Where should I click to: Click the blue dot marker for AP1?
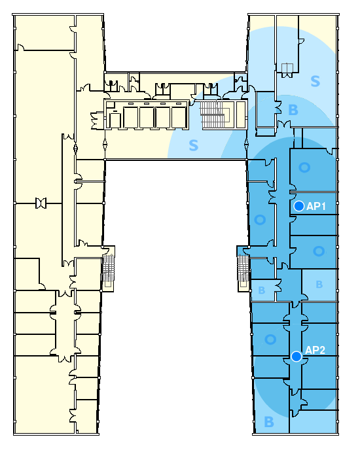pyautogui.click(x=299, y=206)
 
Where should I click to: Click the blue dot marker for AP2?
pyautogui.click(x=297, y=356)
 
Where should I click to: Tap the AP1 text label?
pyautogui.click(x=316, y=206)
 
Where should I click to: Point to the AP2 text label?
pyautogui.click(x=315, y=350)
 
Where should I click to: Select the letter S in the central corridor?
pyautogui.click(x=194, y=145)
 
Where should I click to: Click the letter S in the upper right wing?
pyautogui.click(x=315, y=81)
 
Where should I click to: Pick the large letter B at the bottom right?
pyautogui.click(x=269, y=422)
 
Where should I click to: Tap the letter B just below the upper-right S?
pyautogui.click(x=293, y=110)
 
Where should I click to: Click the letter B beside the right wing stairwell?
pyautogui.click(x=262, y=290)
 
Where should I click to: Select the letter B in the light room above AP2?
pyautogui.click(x=319, y=285)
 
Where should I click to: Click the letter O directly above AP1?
pyautogui.click(x=304, y=167)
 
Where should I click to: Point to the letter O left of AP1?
pyautogui.click(x=260, y=220)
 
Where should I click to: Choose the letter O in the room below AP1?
pyautogui.click(x=319, y=251)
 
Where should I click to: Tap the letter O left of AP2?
pyautogui.click(x=270, y=339)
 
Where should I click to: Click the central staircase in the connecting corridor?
pyautogui.click(x=213, y=114)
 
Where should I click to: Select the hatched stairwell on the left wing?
pyautogui.click(x=109, y=269)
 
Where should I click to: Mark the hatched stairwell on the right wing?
pyautogui.click(x=243, y=269)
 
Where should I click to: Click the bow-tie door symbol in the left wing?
pyautogui.click(x=41, y=203)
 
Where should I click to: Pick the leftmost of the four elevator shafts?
pyautogui.click(x=131, y=117)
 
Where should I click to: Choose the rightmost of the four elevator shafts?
pyautogui.click(x=179, y=117)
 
